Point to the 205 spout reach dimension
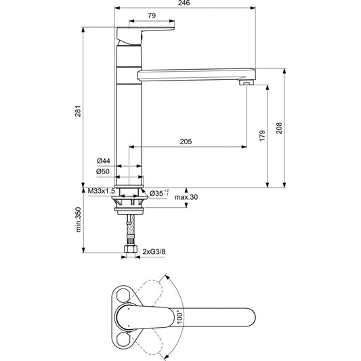click(x=186, y=142)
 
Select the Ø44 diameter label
click(x=104, y=160)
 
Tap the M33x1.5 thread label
click(x=100, y=192)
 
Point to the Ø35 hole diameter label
click(x=158, y=194)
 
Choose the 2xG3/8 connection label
click(x=153, y=252)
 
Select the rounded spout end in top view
click(x=247, y=316)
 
